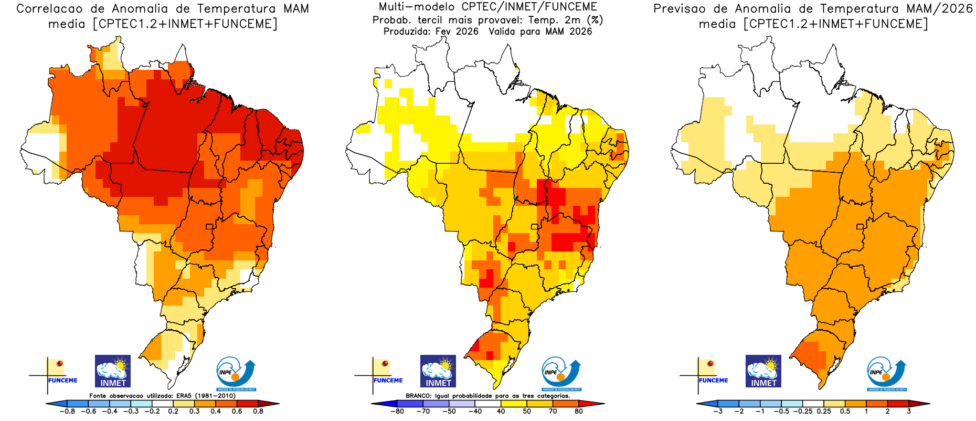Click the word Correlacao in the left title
[x=49, y=9]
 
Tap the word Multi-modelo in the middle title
[x=417, y=7]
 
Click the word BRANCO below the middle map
[x=418, y=396]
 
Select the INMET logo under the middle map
[x=438, y=371]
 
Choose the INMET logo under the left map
[x=113, y=371]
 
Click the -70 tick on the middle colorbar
[x=423, y=412]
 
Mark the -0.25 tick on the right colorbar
[x=803, y=412]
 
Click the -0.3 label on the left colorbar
[x=131, y=412]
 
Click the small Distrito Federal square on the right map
[x=860, y=227]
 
